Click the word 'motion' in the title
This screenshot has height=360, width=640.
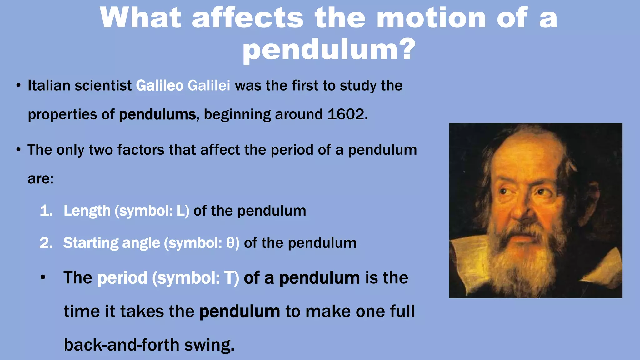[431, 18]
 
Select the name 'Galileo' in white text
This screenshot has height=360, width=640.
[160, 86]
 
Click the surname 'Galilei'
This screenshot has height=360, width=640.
[209, 86]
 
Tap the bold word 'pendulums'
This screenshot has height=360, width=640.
[157, 115]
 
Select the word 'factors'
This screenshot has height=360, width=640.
[141, 150]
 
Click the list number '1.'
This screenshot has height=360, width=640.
[46, 211]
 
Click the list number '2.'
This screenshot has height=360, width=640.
[46, 243]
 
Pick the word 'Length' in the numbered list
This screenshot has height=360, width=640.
[87, 211]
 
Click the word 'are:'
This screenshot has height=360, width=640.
[41, 179]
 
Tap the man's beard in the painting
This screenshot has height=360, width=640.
[531, 259]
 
